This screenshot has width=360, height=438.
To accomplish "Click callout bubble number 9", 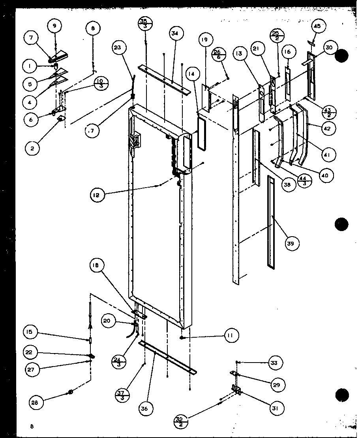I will tap(55, 26).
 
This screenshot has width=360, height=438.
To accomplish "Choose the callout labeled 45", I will tap(317, 26).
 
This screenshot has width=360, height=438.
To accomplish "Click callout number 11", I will tap(230, 336).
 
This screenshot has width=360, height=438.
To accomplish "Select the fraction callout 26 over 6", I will tap(217, 53).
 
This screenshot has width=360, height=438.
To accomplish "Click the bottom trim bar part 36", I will tap(168, 357).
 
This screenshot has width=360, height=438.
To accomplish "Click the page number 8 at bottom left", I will tap(31, 425).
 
